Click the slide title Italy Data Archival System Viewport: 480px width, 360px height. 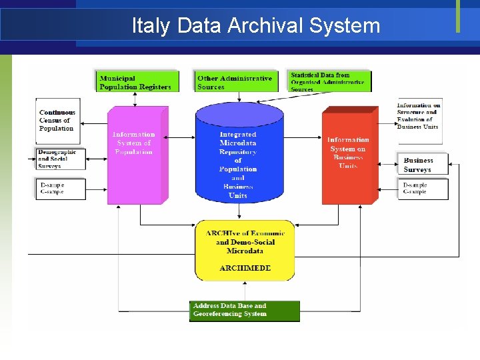point(256,26)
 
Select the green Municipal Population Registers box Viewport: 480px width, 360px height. point(136,81)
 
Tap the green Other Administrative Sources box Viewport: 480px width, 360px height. point(235,81)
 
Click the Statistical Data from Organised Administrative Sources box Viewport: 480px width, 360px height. point(329,81)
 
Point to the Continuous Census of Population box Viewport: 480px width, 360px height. point(58,121)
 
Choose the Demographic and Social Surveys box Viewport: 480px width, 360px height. point(58,159)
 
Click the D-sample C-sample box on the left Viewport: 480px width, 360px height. point(61,189)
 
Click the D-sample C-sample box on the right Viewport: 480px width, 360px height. point(424,189)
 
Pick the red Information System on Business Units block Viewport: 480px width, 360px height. point(348,157)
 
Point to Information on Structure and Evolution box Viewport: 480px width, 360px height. point(419,116)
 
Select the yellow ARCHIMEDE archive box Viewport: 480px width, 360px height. point(245,249)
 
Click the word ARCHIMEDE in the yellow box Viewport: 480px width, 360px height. point(245,268)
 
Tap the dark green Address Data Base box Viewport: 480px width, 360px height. point(244,311)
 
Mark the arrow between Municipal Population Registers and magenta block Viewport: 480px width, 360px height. point(135,99)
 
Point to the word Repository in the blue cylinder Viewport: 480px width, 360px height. point(238,152)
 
